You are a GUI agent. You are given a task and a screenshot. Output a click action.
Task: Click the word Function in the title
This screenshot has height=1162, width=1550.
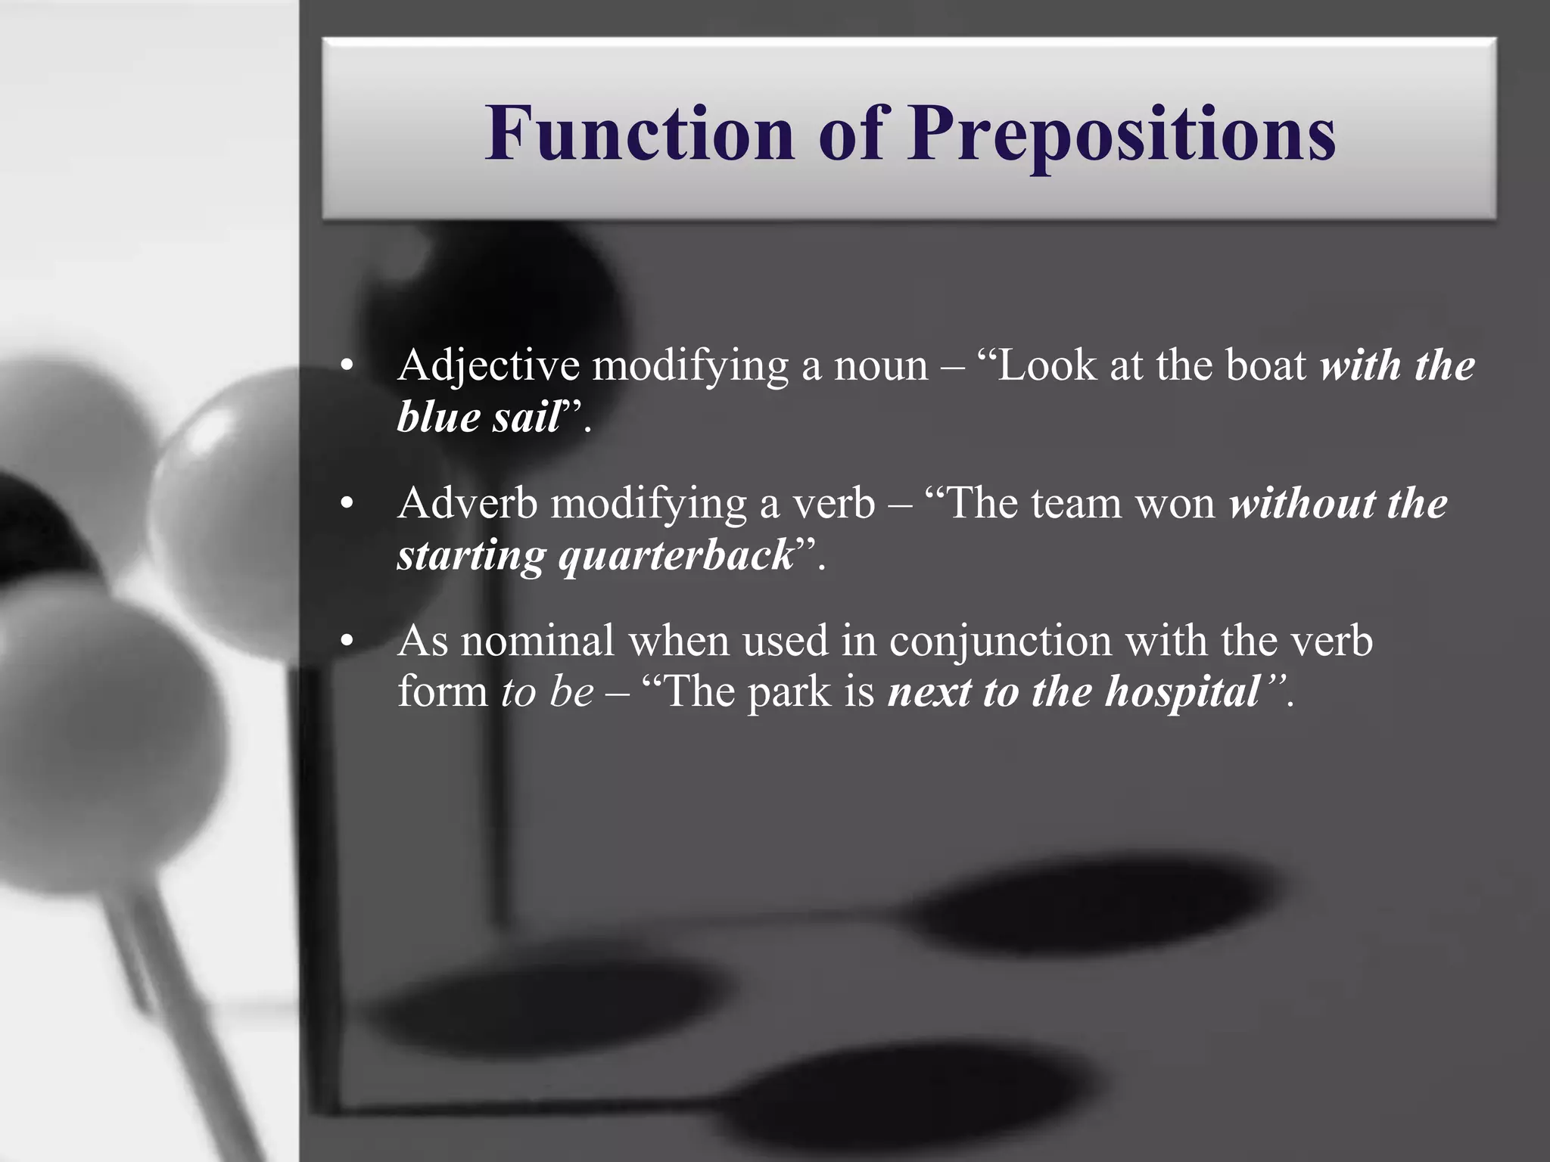(640, 133)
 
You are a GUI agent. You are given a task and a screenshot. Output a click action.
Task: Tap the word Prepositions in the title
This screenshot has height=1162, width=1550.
(1122, 135)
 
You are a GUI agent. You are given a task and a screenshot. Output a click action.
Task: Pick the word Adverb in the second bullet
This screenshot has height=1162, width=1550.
(467, 503)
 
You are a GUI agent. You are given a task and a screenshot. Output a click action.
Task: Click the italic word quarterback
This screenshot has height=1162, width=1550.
(677, 556)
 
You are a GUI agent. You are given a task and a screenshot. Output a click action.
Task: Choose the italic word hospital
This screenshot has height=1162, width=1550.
(1182, 692)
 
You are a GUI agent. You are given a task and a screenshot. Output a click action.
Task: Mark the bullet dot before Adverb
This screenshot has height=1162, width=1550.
(347, 504)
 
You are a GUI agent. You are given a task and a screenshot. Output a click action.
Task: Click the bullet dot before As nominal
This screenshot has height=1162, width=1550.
(347, 642)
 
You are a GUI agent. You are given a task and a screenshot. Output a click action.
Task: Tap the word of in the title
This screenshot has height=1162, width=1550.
(851, 133)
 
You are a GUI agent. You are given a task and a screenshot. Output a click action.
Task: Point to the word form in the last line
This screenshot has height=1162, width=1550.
(443, 691)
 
